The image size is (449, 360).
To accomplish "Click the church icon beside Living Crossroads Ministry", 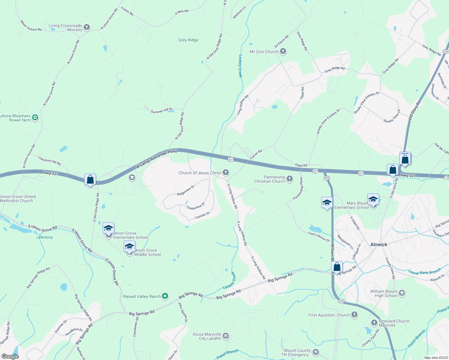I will [87, 28].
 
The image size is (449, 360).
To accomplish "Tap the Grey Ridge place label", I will [188, 40].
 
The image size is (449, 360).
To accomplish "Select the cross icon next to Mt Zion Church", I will [283, 52].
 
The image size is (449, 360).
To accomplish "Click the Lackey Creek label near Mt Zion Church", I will [240, 66].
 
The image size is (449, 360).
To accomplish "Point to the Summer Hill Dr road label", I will [161, 111].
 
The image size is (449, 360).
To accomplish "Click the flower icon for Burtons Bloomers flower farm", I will [35, 118].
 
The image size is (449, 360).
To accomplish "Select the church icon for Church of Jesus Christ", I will [226, 172].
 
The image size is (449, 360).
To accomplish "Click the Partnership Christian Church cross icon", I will [289, 179].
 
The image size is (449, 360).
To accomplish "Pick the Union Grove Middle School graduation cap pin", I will [129, 247].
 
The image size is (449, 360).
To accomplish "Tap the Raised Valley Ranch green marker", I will [165, 296].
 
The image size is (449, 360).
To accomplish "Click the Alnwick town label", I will [379, 244].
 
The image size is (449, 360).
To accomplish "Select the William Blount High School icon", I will [402, 293].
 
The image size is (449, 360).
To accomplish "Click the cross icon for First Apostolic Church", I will [354, 315].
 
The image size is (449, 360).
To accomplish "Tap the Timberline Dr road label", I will [195, 206].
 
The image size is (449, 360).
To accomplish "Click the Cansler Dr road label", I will [202, 215].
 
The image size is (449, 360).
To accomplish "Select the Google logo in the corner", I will [10, 356].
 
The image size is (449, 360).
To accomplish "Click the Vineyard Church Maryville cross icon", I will [374, 323].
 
